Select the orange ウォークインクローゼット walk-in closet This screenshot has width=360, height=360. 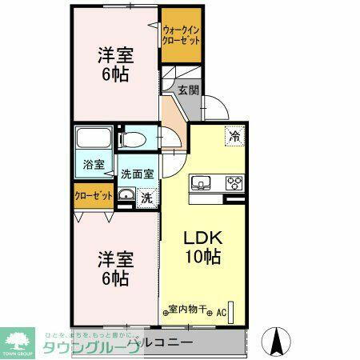point(180,35)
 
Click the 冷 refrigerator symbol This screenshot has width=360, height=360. point(234,137)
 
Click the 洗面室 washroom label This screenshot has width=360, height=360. point(137,173)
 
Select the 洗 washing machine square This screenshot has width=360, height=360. point(147,197)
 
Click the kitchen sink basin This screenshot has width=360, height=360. point(200,182)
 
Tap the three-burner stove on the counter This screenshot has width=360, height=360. point(234,182)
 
